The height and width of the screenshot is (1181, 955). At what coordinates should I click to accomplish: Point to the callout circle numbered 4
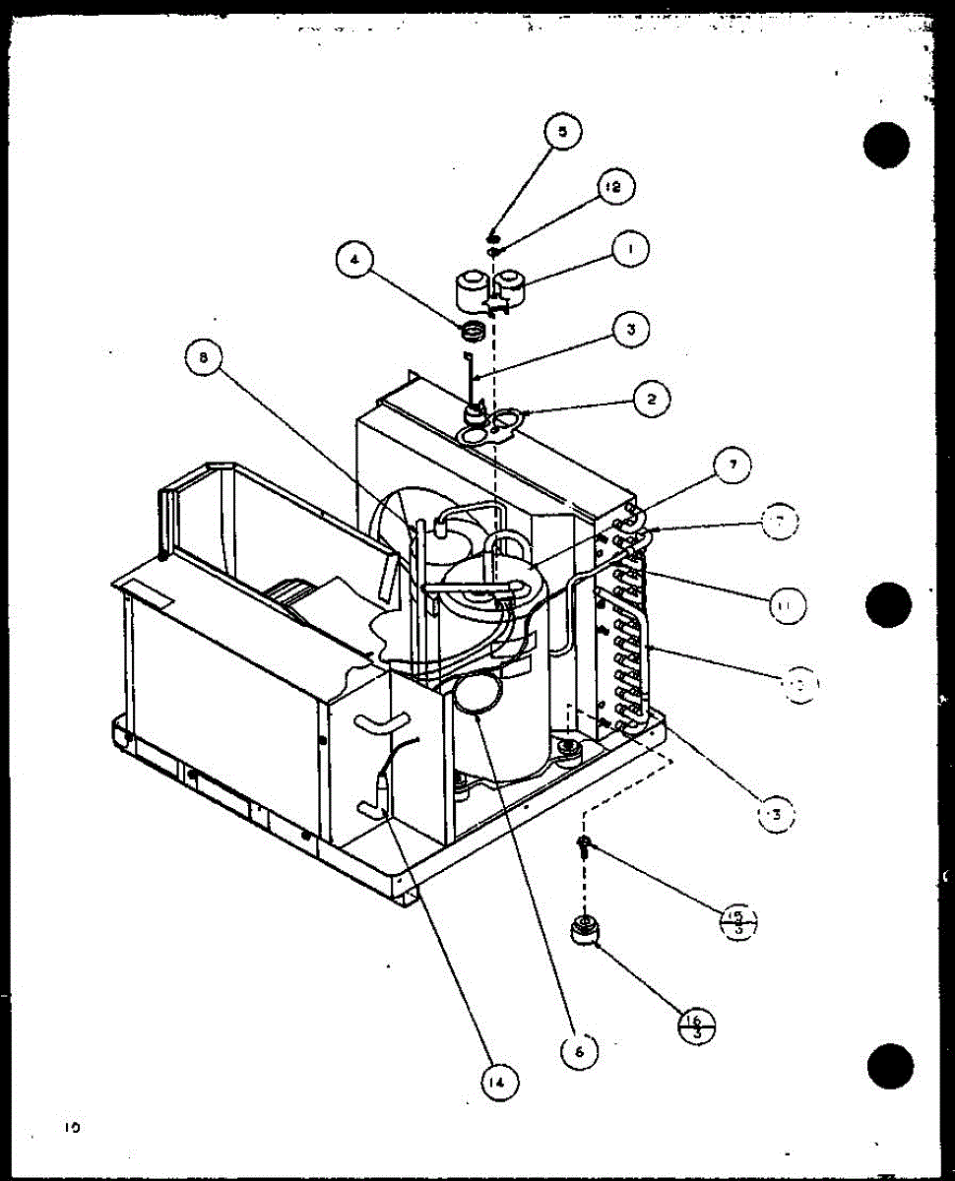tap(355, 262)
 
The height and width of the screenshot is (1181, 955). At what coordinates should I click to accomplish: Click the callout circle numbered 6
tap(579, 1051)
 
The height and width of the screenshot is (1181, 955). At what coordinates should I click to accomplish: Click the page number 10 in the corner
tap(73, 1128)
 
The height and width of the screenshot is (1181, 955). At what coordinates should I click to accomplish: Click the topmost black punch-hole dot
tap(886, 147)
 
